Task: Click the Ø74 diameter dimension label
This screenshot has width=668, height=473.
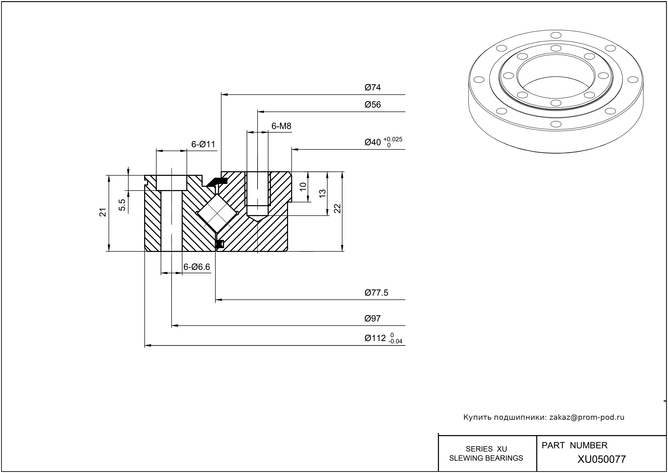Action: click(x=372, y=87)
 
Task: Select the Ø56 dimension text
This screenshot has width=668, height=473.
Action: click(x=372, y=105)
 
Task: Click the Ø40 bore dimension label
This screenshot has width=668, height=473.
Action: click(x=372, y=142)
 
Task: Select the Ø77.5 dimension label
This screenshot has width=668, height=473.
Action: click(x=376, y=293)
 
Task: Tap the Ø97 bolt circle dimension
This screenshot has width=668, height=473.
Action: click(x=372, y=318)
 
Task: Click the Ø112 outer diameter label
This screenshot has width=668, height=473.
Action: click(x=375, y=338)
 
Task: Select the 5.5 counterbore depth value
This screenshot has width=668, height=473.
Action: click(x=123, y=205)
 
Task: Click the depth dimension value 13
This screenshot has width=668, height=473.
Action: click(x=322, y=194)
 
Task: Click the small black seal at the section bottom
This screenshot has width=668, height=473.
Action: click(x=219, y=244)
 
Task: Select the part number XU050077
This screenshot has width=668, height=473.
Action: click(x=602, y=459)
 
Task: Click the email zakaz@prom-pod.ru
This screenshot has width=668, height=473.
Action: click(x=587, y=417)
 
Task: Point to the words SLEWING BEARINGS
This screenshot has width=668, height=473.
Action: click(x=486, y=458)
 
